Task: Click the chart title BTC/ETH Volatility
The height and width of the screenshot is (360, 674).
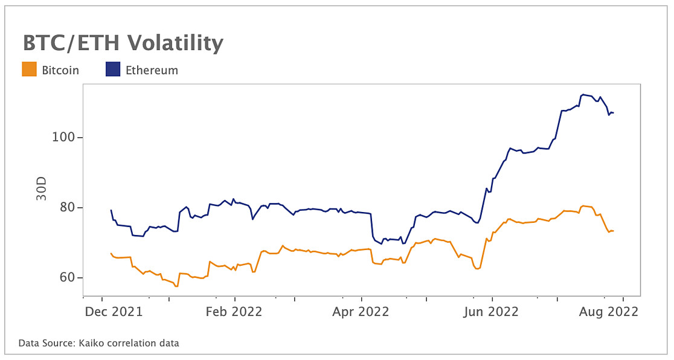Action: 123,43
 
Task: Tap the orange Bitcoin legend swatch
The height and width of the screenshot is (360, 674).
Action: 29,69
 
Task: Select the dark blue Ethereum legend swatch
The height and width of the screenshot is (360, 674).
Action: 114,69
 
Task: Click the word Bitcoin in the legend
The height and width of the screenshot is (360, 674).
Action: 60,70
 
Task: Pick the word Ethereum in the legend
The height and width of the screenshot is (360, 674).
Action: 152,70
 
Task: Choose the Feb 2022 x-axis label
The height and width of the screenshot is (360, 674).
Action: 234,312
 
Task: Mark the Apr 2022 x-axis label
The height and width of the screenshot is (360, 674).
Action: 361,312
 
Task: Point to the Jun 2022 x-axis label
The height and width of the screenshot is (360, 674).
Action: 490,312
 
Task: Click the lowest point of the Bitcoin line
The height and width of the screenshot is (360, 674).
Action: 176,286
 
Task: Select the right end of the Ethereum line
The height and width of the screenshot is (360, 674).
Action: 614,113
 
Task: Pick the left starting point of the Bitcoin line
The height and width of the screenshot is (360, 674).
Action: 111,254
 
